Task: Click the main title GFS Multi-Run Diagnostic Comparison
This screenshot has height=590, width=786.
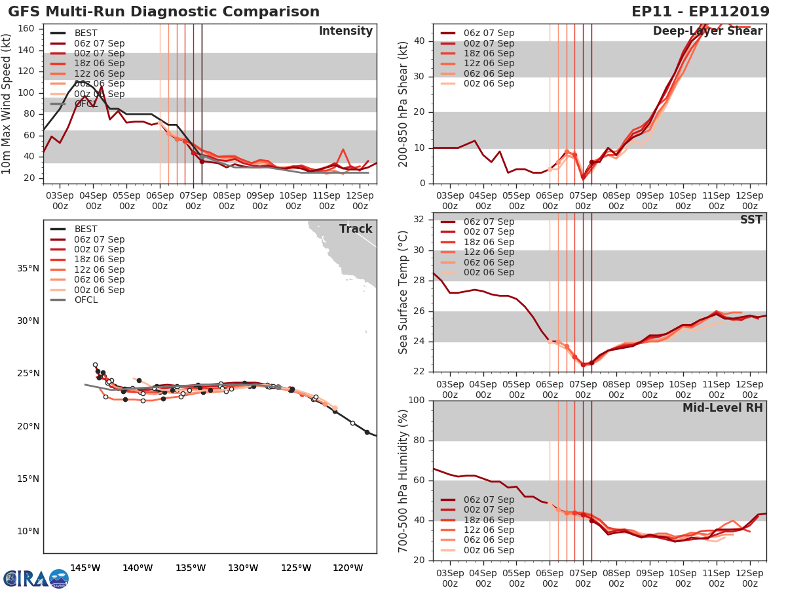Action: [x=164, y=12]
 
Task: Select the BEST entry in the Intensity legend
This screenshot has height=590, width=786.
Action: [x=85, y=33]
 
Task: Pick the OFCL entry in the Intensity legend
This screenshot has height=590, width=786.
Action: [x=85, y=104]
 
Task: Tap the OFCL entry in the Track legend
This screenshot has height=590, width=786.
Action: [x=85, y=300]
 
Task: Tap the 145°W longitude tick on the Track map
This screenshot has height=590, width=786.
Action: [x=84, y=568]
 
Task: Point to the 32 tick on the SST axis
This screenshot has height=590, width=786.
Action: [x=419, y=220]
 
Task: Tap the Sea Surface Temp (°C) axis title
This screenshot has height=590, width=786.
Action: [x=403, y=292]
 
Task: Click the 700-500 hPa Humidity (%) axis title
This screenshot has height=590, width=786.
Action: [x=403, y=481]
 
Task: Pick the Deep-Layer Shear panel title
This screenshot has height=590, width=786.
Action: [x=707, y=31]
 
